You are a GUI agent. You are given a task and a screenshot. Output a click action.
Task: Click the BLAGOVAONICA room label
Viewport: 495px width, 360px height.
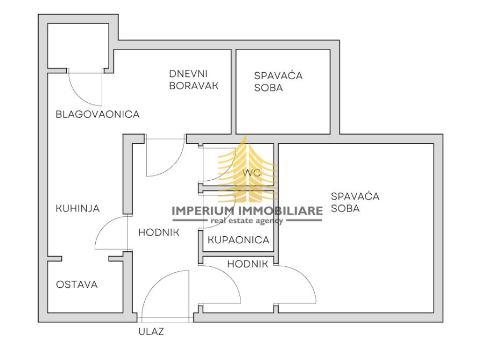click(97, 114)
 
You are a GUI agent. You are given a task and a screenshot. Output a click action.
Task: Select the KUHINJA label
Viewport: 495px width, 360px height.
click(77, 208)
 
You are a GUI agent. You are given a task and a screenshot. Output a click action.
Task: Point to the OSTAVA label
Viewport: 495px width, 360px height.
click(77, 285)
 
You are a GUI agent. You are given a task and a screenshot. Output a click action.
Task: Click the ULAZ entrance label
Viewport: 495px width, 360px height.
click(151, 331)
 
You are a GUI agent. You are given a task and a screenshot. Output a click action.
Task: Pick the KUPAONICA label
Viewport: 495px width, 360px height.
click(238, 240)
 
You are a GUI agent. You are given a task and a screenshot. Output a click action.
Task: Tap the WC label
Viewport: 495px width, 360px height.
click(252, 173)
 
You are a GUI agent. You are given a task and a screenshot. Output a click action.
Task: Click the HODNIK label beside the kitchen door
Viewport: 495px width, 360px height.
click(159, 232)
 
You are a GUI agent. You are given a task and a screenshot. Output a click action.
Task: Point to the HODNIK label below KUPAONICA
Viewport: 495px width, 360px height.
click(247, 264)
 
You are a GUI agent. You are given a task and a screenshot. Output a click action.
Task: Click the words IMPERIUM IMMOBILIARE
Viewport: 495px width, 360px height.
click(247, 210)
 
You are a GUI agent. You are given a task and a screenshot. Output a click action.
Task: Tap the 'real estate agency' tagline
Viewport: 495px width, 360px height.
click(247, 221)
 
